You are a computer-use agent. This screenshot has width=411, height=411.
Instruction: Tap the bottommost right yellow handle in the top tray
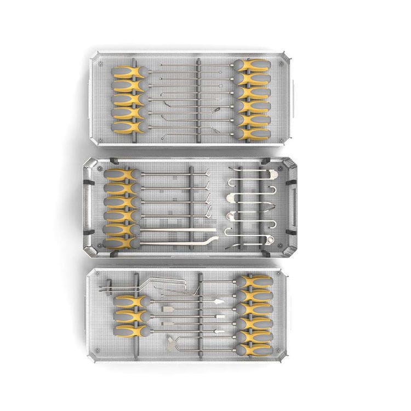click(x=254, y=133)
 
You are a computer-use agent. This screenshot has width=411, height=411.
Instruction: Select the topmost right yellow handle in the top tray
click(x=253, y=66)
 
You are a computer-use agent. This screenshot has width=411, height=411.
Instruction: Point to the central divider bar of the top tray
click(x=199, y=99)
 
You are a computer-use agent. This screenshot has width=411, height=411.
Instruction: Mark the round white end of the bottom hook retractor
click(x=270, y=240)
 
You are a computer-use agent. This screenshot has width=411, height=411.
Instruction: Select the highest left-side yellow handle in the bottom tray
click(x=130, y=301)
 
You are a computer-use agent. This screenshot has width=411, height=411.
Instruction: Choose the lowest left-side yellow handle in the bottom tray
click(x=130, y=330)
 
